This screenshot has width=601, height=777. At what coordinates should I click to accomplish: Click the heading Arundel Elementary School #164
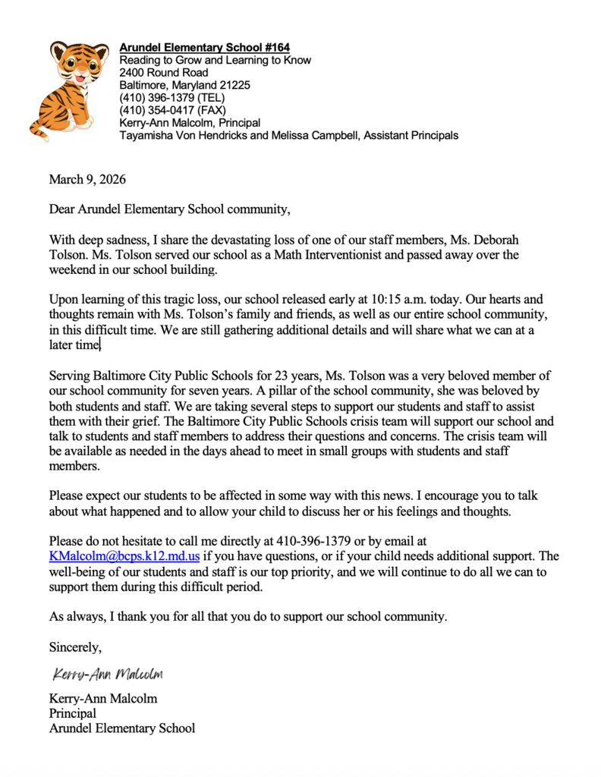(204, 48)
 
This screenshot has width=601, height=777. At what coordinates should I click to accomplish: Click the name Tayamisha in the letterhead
(145, 135)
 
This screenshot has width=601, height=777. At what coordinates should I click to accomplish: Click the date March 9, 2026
(87, 180)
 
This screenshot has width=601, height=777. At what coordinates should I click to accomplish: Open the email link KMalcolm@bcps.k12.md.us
(124, 556)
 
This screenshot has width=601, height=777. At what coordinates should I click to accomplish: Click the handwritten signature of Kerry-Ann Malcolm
(108, 674)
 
